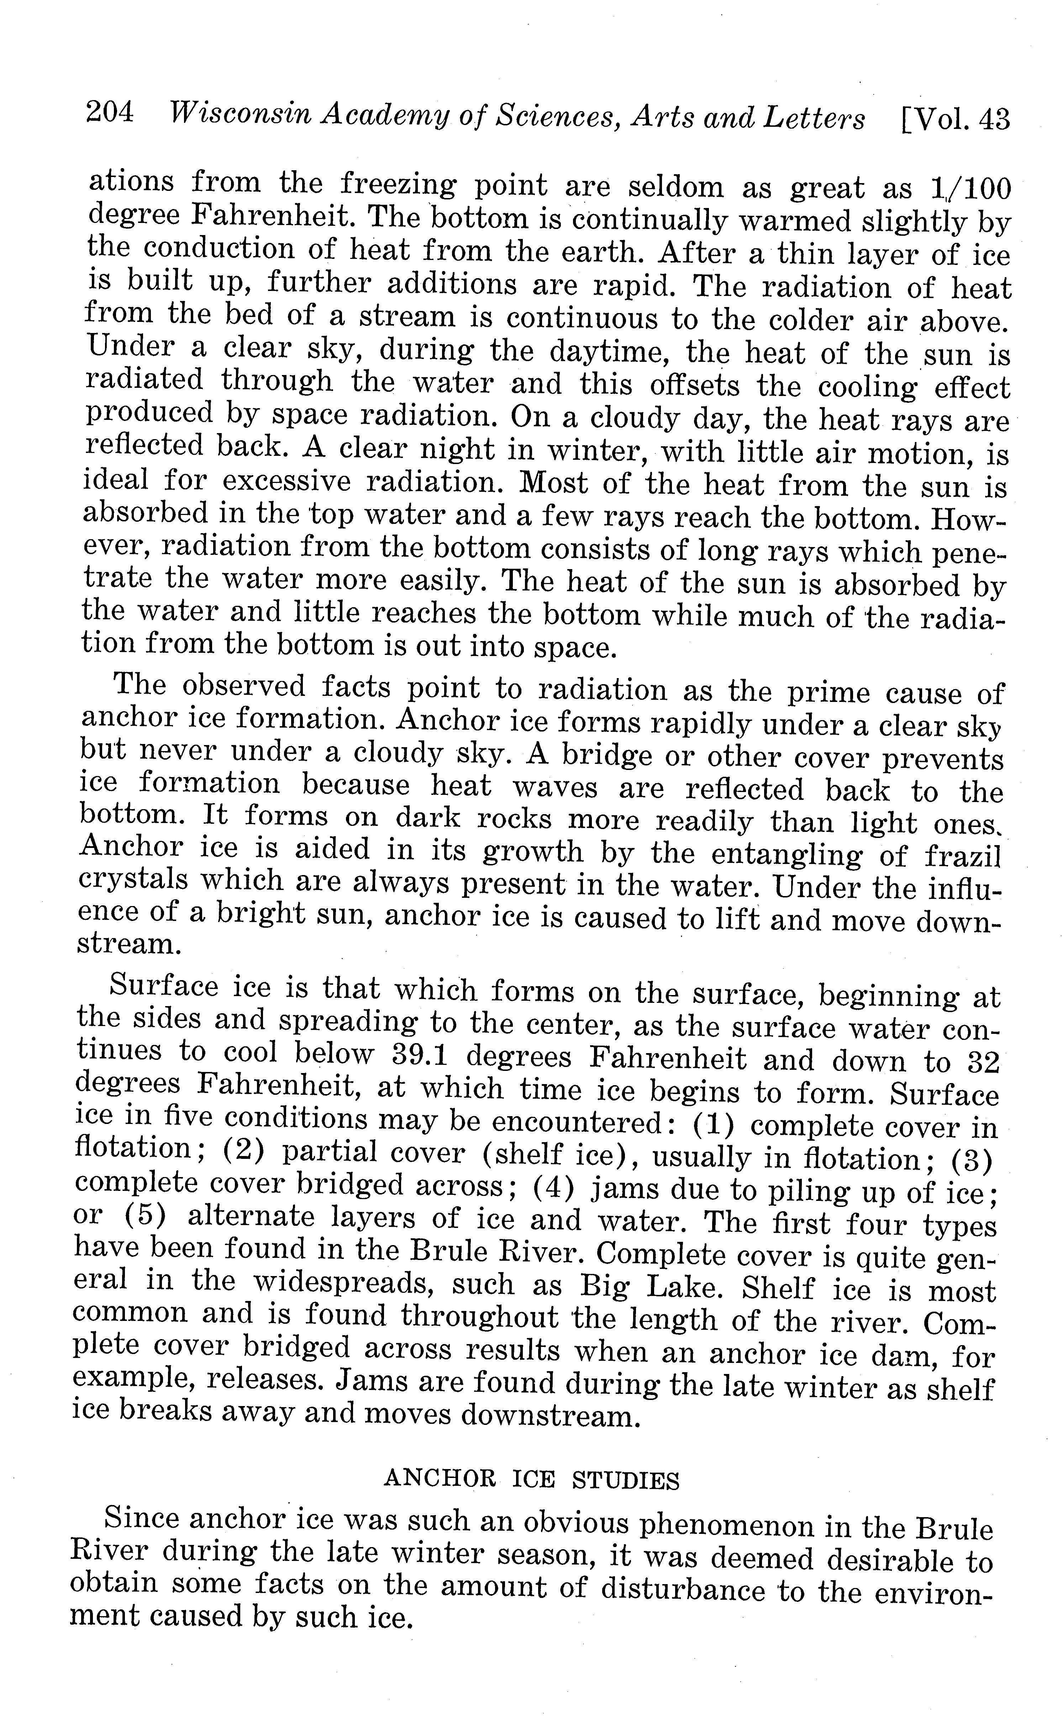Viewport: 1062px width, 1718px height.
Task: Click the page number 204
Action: coord(110,113)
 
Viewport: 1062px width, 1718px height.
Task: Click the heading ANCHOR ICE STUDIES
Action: coord(532,1480)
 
